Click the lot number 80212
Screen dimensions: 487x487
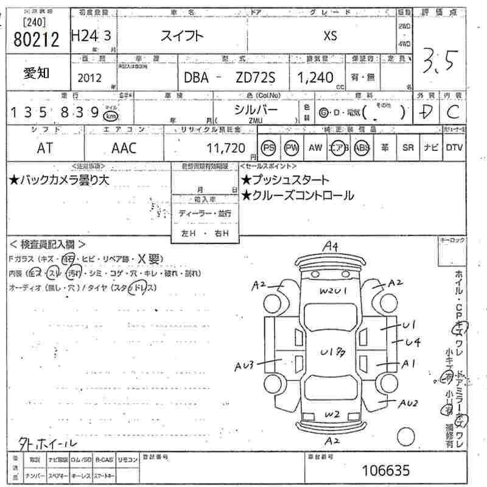[36, 40]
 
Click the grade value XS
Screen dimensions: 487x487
[329, 35]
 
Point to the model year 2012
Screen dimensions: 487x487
[90, 77]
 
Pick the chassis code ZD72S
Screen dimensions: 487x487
[255, 77]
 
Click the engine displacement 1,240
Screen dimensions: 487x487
[315, 77]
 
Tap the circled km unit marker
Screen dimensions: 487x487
[111, 115]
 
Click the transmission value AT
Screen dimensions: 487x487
[45, 147]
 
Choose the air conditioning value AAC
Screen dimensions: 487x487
[124, 147]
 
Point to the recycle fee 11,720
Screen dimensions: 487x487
[226, 147]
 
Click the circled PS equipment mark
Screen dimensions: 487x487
[268, 147]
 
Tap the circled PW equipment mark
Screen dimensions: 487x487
[292, 147]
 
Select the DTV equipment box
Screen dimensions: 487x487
[454, 147]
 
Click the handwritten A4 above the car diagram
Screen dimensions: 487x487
[330, 246]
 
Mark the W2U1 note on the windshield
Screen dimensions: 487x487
[333, 291]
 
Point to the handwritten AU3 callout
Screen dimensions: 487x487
[244, 365]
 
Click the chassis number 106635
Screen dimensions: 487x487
[386, 470]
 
